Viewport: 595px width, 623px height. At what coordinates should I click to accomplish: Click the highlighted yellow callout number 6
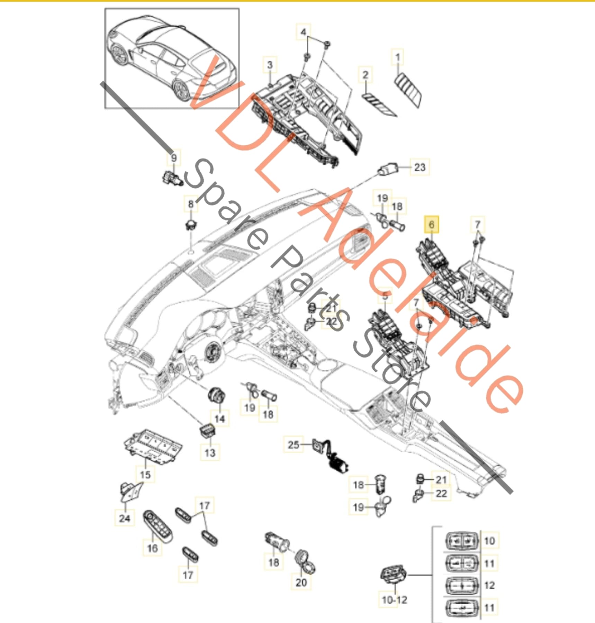pyautogui.click(x=432, y=225)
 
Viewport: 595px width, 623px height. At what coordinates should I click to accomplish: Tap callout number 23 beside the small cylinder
pyautogui.click(x=420, y=168)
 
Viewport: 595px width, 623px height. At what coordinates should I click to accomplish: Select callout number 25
pyautogui.click(x=293, y=444)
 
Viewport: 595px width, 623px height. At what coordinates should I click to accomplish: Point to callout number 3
pyautogui.click(x=270, y=65)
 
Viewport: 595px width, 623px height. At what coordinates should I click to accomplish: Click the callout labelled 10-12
pyautogui.click(x=394, y=600)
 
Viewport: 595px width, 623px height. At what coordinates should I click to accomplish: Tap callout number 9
pyautogui.click(x=174, y=158)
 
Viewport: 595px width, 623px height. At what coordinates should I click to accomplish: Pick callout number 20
pyautogui.click(x=301, y=583)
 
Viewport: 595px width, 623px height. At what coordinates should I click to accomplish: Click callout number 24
pyautogui.click(x=125, y=518)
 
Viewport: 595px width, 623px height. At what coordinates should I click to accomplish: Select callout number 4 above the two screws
pyautogui.click(x=303, y=32)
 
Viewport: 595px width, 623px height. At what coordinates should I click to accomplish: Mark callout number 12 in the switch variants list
pyautogui.click(x=489, y=585)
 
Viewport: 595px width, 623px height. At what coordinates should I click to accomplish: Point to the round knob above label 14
pyautogui.click(x=217, y=395)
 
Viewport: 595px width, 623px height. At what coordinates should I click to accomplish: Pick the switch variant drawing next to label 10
pyautogui.click(x=461, y=541)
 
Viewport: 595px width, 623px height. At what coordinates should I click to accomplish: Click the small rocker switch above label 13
pyautogui.click(x=208, y=431)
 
